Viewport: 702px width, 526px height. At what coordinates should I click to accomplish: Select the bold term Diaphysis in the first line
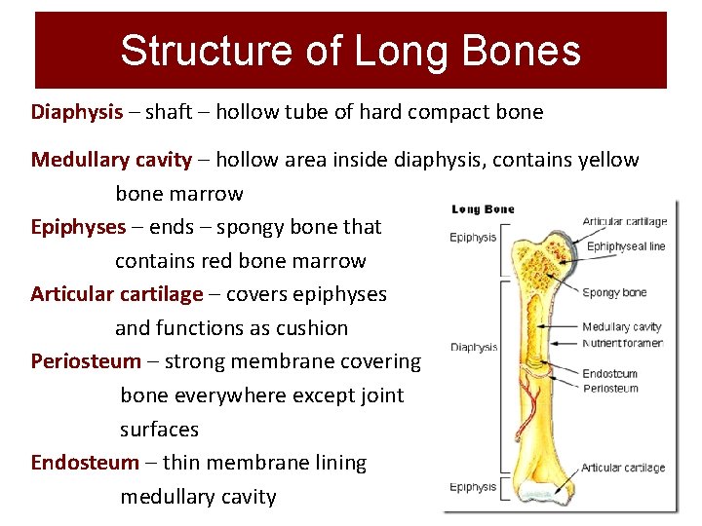(x=77, y=112)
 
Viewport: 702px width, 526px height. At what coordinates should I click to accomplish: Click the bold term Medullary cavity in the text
(x=111, y=160)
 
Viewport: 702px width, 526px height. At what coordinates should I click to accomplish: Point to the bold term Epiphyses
(x=78, y=227)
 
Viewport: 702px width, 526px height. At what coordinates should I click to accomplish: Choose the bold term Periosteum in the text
(x=86, y=361)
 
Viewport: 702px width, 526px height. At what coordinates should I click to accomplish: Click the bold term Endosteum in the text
(x=85, y=463)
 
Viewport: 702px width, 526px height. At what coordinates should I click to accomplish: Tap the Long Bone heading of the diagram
(x=483, y=209)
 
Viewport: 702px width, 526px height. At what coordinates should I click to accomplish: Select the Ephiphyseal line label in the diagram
(x=626, y=246)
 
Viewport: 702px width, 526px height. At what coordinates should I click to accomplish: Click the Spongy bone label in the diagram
(x=614, y=293)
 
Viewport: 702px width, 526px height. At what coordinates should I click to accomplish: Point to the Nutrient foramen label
(x=623, y=343)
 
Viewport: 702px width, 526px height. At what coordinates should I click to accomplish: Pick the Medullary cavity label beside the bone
(x=622, y=327)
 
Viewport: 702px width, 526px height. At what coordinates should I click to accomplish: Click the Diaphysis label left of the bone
(x=474, y=348)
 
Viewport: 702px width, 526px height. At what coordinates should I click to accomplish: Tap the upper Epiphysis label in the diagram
(x=473, y=237)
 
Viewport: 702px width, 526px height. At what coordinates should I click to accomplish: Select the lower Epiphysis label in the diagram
(x=473, y=487)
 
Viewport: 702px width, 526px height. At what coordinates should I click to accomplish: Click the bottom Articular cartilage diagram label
(x=623, y=469)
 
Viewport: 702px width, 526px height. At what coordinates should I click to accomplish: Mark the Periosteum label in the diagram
(x=610, y=389)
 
